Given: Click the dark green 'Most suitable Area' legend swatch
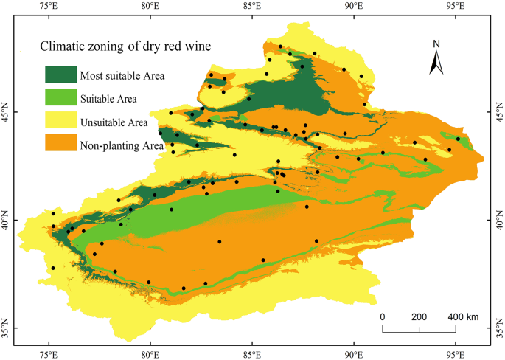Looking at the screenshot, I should (x=66, y=75).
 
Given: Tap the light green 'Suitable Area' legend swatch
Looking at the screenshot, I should (x=66, y=98).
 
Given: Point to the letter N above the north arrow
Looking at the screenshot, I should (x=436, y=44).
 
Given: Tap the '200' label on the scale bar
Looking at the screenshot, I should (x=419, y=317).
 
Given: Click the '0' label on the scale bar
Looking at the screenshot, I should (x=383, y=317).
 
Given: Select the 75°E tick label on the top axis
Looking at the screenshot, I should (x=49, y=7).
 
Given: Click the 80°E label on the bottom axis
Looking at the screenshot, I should (x=150, y=353).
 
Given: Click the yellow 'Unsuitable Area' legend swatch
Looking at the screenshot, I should (x=66, y=122).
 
